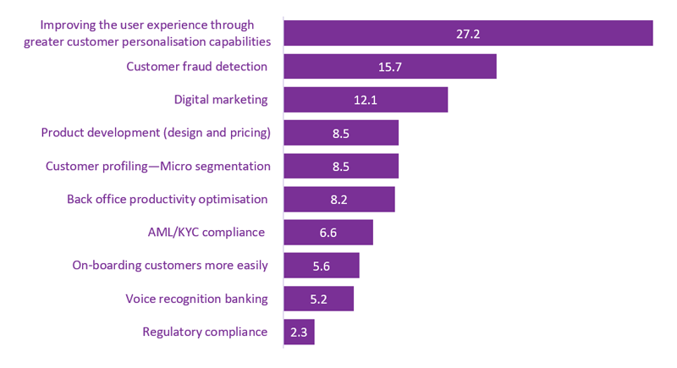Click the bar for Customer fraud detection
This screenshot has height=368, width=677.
point(389,67)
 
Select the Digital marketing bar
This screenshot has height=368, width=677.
point(365,100)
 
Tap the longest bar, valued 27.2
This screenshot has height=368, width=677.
point(467,33)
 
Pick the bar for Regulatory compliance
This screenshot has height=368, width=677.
point(299,332)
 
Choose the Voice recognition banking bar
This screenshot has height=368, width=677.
point(318,299)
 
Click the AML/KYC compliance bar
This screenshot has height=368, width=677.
point(327,232)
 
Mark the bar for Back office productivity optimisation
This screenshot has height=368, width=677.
point(338,199)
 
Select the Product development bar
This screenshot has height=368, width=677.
point(340,133)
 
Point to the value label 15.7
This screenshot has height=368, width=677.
point(389,67)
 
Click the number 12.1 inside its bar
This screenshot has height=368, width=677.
point(365,100)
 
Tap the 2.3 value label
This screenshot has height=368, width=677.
point(299,332)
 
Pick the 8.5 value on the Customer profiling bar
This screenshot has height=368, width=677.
point(340,166)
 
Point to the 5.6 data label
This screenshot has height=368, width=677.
point(321,266)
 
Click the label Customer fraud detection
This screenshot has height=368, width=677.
point(196,66)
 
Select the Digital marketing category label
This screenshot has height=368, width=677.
point(220,100)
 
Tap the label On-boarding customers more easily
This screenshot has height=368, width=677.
point(170,266)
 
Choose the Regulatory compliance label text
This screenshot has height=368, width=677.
point(205,332)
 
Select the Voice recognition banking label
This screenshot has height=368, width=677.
point(196,299)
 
